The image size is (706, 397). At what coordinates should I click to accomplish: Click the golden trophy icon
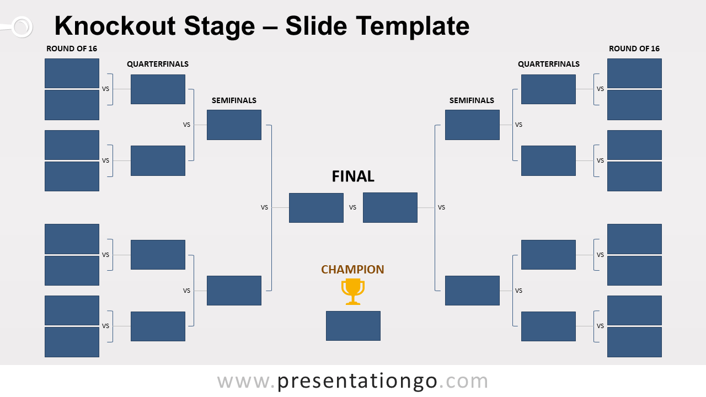coord(353,291)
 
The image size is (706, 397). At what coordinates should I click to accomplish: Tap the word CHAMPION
coord(352,270)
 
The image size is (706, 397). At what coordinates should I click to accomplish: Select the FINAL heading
coord(353,176)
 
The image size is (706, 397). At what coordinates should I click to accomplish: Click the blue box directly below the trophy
coord(353,326)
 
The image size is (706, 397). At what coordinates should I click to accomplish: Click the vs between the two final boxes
coord(352,208)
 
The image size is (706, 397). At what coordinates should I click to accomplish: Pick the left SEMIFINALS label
coord(234,100)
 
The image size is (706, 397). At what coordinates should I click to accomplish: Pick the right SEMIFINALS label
coord(472,100)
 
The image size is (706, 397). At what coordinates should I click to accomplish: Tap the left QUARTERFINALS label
coord(158,64)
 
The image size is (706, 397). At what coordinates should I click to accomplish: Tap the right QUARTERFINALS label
coord(548,64)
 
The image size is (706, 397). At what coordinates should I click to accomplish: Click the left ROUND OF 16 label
coord(72,49)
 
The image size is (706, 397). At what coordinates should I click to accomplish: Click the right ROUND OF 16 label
coord(634,49)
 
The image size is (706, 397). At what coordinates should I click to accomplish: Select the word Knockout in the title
coord(115,26)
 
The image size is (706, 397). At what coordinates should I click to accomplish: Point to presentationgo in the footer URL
coord(357,381)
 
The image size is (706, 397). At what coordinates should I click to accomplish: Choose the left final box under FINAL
coord(316,208)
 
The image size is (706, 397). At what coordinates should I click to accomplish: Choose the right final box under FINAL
coord(390,208)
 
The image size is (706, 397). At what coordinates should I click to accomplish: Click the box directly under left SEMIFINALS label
coord(234,125)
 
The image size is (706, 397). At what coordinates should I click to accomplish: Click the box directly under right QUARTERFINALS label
coord(548,89)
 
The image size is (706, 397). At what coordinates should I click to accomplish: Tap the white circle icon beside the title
coord(22,26)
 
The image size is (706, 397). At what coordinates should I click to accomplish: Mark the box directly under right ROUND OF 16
coord(634,73)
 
